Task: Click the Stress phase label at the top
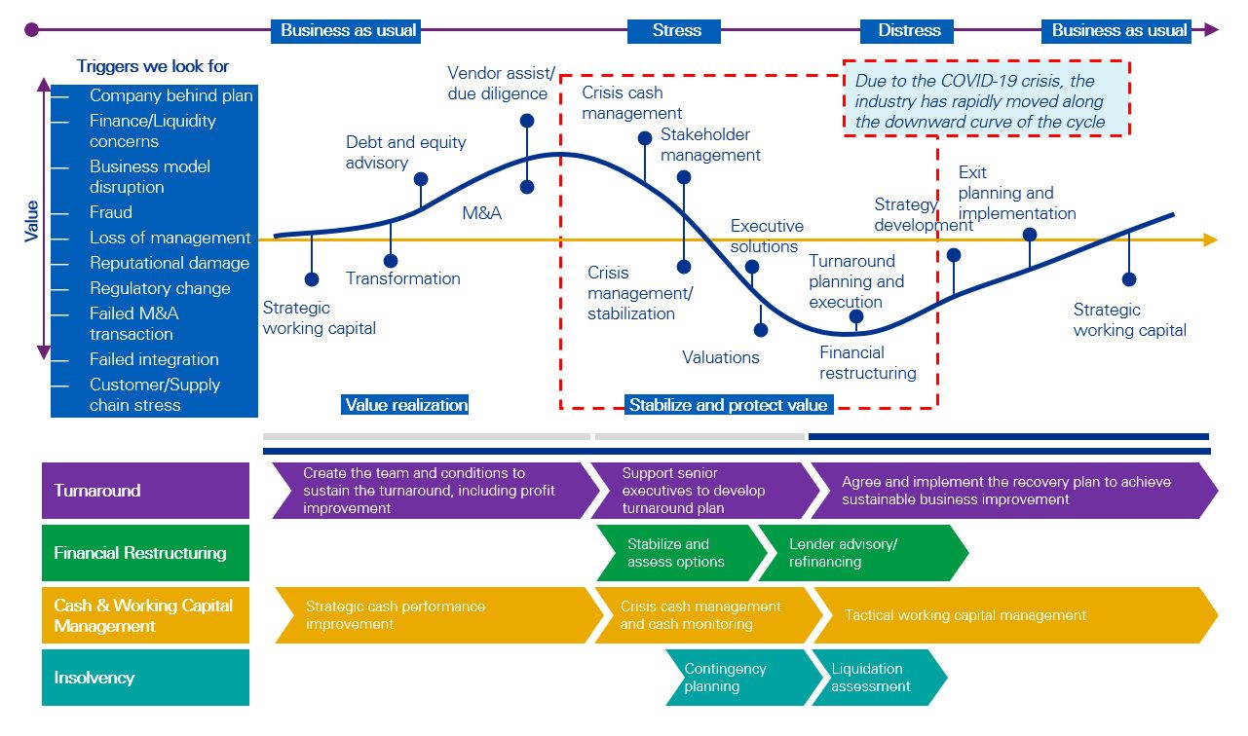click(x=676, y=30)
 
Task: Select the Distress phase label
click(x=909, y=30)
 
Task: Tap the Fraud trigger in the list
click(x=111, y=212)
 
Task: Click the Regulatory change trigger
click(x=160, y=288)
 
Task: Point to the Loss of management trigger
click(x=170, y=238)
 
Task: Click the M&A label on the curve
click(x=481, y=212)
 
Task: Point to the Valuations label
click(x=721, y=357)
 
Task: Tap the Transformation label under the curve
click(x=403, y=278)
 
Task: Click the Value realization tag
click(x=406, y=405)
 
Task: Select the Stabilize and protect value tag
click(x=728, y=405)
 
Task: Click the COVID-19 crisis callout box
click(x=985, y=100)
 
